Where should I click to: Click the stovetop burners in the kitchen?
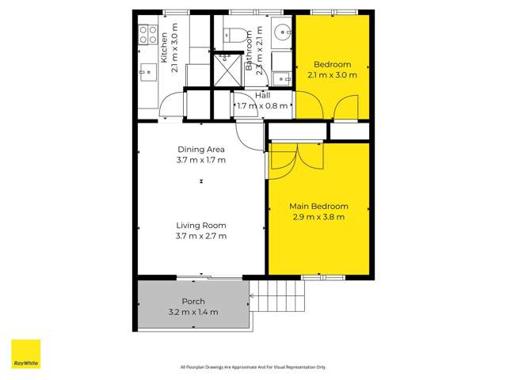148,34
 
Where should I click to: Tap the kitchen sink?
147,72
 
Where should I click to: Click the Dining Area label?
201,149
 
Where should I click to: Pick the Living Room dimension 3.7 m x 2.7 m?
201,235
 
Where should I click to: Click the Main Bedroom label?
318,207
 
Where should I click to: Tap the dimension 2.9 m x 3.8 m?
318,216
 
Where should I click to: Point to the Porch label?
193,302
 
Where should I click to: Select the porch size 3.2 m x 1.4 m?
193,312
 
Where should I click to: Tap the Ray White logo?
25,355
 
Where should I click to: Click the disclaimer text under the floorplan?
253,367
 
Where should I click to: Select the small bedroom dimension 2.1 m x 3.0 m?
332,75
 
